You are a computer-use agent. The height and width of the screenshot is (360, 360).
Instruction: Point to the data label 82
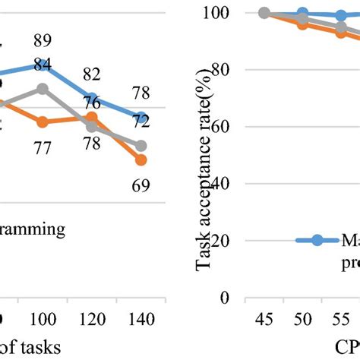pos(92,74)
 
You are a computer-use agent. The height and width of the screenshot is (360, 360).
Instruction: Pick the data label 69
pos(141,185)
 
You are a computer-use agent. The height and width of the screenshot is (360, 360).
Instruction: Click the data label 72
pos(141,122)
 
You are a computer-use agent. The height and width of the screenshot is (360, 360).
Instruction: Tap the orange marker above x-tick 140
pos(141,159)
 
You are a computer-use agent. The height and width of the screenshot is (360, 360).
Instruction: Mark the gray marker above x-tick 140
pos(141,145)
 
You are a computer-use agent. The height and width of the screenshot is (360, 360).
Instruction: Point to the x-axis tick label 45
pos(264,320)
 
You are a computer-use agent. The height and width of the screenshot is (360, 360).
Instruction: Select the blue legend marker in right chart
pos(317,240)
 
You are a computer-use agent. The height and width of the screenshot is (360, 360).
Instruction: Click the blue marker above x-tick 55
pos(342,15)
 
